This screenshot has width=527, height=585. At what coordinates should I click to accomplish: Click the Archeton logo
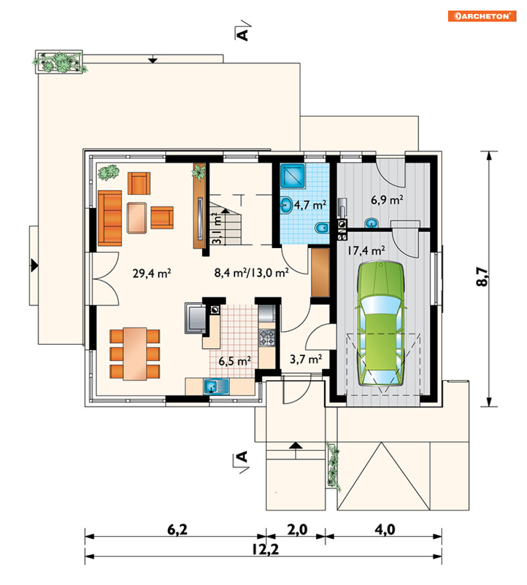[482, 16]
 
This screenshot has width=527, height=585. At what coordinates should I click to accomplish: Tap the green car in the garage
[381, 324]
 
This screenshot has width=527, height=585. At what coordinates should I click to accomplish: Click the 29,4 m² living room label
[151, 273]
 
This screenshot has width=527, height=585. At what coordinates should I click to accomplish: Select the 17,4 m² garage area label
[366, 250]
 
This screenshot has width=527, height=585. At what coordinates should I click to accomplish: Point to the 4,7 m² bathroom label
[310, 205]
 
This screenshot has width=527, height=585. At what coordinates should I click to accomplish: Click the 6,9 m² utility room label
[387, 200]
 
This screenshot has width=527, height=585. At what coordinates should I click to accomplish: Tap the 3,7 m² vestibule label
[306, 359]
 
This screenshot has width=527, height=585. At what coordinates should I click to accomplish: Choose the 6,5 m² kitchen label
[235, 361]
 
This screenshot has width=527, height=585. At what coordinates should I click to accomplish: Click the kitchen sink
[216, 386]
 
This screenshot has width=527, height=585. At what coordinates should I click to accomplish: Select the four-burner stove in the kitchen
[267, 337]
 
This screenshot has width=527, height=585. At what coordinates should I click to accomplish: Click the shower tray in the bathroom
[292, 176]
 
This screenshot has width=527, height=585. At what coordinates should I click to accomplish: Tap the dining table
[135, 354]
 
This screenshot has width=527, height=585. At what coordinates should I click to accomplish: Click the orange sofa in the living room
[110, 218]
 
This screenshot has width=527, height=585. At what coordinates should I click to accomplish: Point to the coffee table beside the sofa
[137, 218]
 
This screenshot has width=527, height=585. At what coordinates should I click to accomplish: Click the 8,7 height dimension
[482, 277]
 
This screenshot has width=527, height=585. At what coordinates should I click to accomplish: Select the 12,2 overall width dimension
[265, 549]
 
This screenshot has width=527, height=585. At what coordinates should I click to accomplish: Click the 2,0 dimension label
[297, 529]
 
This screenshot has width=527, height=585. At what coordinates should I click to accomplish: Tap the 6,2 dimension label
[177, 529]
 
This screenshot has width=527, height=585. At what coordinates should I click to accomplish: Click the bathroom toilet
[322, 227]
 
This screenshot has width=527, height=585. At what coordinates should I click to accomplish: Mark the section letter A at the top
[243, 34]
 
